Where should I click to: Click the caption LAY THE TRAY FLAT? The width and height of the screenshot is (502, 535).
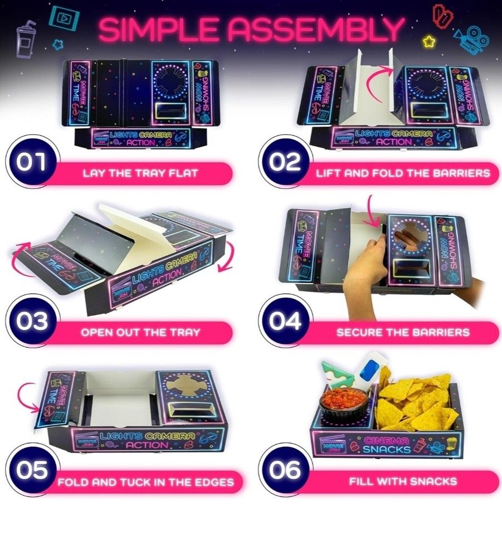[x=140, y=173]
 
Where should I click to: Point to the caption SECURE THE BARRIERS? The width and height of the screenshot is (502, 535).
[x=402, y=333]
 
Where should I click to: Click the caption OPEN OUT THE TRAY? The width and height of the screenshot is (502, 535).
[x=140, y=333]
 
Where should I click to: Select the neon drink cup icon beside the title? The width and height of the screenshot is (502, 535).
[x=26, y=38]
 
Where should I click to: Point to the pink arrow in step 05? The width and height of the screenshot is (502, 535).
[x=26, y=393]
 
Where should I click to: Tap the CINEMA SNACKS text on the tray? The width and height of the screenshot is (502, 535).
[x=387, y=444]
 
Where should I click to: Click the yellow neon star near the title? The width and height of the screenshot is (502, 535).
[x=428, y=41]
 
